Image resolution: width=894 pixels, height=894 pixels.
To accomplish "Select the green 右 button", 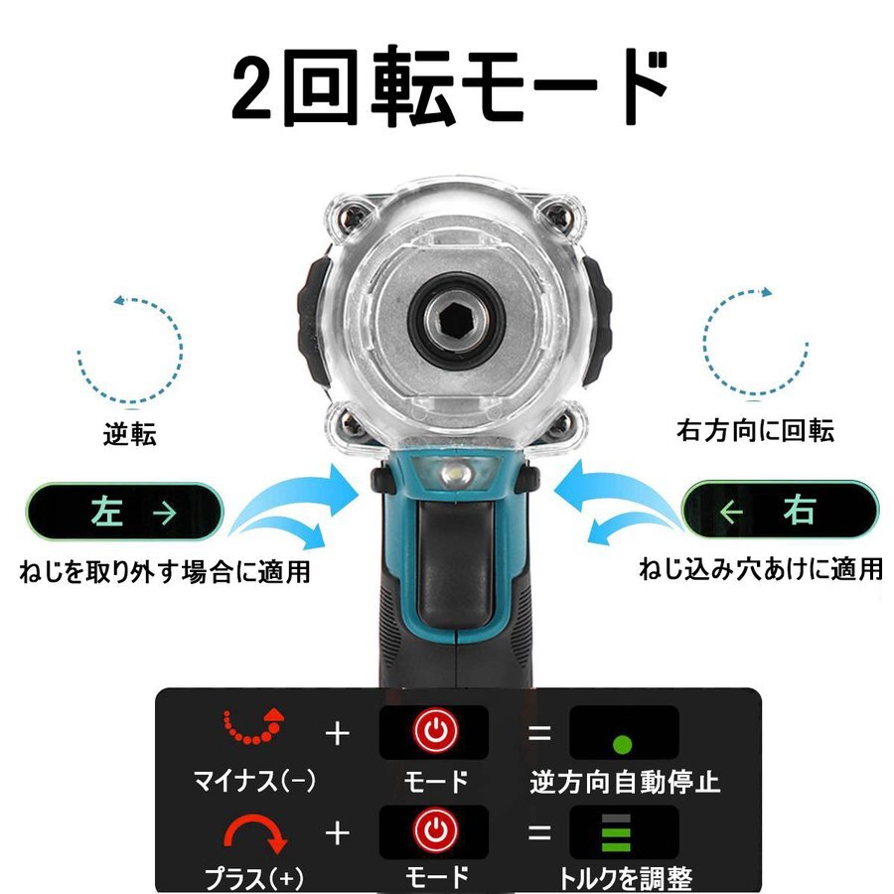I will tap(780, 512).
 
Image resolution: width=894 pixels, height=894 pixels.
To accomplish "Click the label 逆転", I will tap(130, 435).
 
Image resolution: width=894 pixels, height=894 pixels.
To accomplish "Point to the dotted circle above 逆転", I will tap(130, 348).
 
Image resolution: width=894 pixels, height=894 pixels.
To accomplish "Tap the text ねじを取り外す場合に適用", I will tap(164, 572).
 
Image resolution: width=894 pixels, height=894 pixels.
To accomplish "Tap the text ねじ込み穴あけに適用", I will tap(760, 569).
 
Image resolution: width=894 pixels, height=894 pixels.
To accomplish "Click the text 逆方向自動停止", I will tap(625, 782).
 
